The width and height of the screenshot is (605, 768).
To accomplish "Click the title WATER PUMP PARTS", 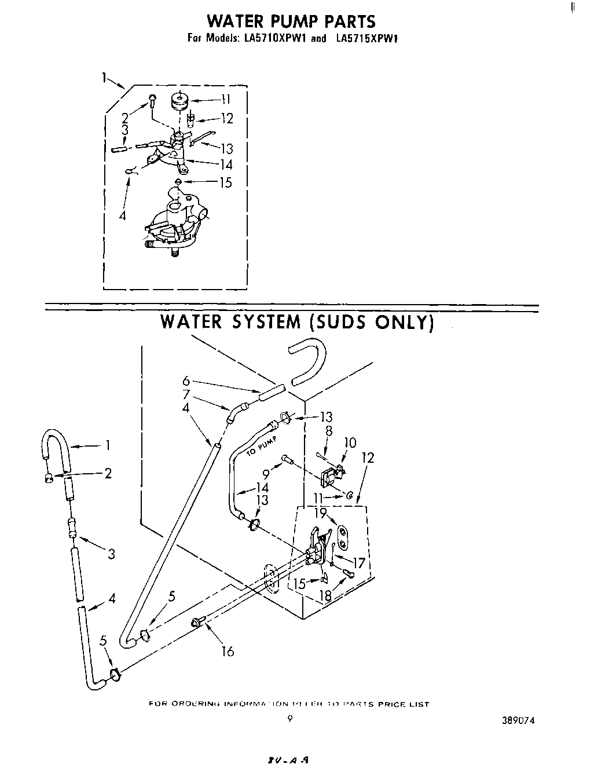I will tap(291, 22).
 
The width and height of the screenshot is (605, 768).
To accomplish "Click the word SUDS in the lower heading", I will tap(342, 321).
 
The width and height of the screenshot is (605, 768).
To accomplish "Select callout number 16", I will tap(228, 652).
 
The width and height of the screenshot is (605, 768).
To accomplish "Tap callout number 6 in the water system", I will tap(186, 381).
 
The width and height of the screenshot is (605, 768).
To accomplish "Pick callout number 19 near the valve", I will tap(321, 513).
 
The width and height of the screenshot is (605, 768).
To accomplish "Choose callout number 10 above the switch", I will tap(349, 443).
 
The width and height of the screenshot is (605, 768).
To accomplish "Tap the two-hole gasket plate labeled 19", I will tap(343, 536).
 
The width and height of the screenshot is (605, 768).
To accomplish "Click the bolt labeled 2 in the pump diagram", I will tap(152, 101).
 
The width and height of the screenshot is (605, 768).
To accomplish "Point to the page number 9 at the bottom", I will tap(290, 719).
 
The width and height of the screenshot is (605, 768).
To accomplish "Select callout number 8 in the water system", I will tap(328, 430).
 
